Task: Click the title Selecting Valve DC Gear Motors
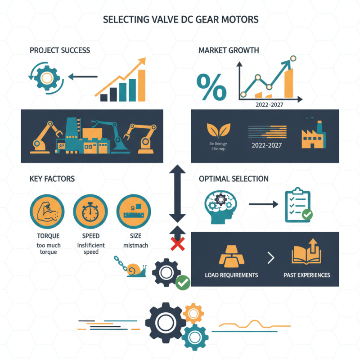(x=180, y=20)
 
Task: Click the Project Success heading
(x=60, y=50)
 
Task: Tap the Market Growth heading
(x=229, y=50)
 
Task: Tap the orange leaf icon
(x=215, y=130)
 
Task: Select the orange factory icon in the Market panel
(x=312, y=135)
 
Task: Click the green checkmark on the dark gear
(x=183, y=282)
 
